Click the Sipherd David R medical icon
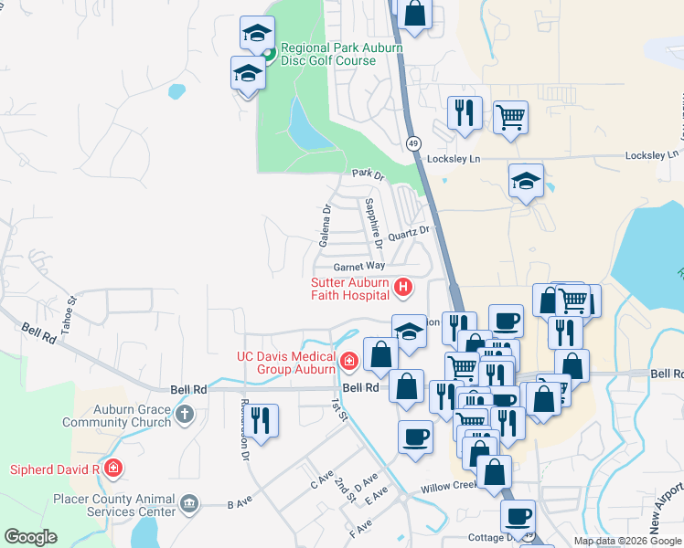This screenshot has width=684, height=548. point(112,469)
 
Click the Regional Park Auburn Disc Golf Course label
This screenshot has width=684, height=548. point(340,54)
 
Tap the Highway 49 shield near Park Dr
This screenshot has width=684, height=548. point(414,143)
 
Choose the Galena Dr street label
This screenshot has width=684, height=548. point(325,227)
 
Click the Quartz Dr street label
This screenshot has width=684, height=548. point(408,234)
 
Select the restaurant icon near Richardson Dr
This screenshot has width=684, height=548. point(262,421)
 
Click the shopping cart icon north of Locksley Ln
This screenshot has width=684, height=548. point(511,117)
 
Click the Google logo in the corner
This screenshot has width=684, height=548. point(30,537)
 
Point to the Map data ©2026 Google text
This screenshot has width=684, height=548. point(626,541)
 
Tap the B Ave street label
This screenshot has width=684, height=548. point(238,504)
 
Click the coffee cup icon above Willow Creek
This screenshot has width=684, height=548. point(415,436)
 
